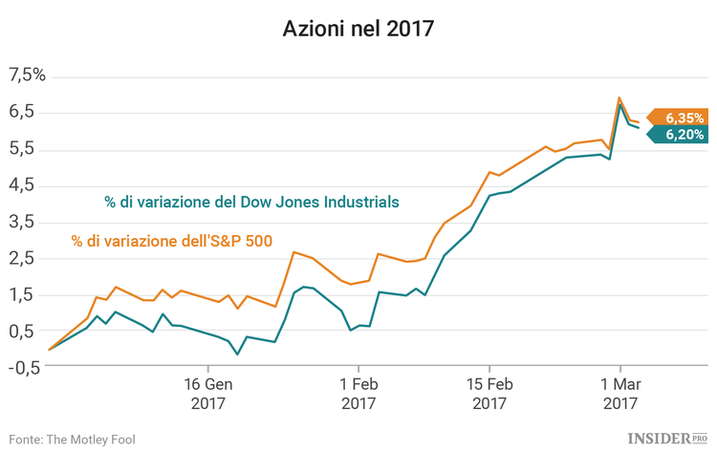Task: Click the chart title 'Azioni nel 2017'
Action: click(358, 29)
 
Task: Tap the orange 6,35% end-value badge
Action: click(681, 118)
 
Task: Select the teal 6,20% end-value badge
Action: click(681, 136)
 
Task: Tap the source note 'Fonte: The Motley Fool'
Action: click(73, 439)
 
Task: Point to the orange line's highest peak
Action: click(619, 97)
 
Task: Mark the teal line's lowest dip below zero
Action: click(237, 355)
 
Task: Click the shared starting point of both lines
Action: click(49, 349)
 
